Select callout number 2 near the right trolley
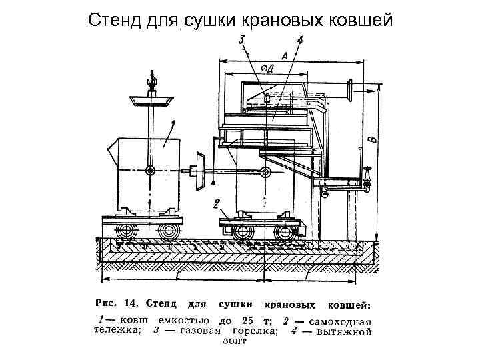pos(217,203)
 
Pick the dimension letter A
pos(285,58)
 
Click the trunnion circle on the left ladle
pos(151,171)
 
